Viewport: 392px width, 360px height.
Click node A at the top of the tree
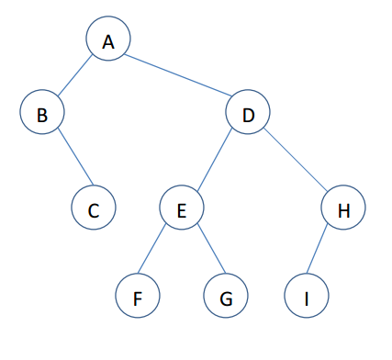click(x=108, y=40)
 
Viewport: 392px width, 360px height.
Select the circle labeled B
click(x=41, y=113)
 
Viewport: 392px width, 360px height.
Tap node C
click(x=94, y=210)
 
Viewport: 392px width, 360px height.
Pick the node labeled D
click(x=248, y=113)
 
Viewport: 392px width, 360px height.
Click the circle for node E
click(x=182, y=210)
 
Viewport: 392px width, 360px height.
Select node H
click(x=343, y=210)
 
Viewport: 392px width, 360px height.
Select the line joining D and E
click(x=215, y=162)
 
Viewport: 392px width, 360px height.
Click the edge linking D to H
click(x=296, y=162)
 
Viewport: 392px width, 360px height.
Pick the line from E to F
click(x=160, y=253)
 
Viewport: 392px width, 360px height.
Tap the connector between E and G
click(x=204, y=253)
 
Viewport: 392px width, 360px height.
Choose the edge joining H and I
click(x=324, y=253)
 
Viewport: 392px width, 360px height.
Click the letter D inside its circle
click(x=248, y=114)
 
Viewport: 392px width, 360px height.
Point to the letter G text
click(x=226, y=298)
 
